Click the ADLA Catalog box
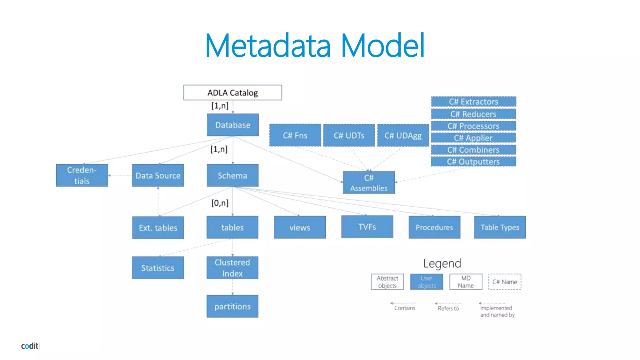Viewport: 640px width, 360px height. click(x=232, y=92)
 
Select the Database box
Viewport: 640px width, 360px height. click(x=233, y=125)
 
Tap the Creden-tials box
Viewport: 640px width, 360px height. click(x=82, y=175)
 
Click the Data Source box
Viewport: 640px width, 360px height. click(x=158, y=175)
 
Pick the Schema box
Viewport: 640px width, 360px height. click(x=232, y=175)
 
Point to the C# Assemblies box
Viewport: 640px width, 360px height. click(x=369, y=182)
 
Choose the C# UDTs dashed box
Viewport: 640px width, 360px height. click(x=349, y=135)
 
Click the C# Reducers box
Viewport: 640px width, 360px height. click(x=473, y=114)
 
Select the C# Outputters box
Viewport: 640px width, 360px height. click(x=473, y=162)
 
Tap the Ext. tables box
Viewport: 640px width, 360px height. click(x=158, y=227)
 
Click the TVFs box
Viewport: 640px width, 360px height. click(x=367, y=227)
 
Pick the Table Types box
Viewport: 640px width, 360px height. click(x=500, y=227)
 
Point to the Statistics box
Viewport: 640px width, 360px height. click(x=158, y=268)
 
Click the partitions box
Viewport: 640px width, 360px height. click(x=232, y=306)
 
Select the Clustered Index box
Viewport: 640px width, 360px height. click(x=232, y=268)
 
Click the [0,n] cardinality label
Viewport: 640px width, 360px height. click(x=220, y=203)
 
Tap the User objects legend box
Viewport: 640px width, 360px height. click(x=426, y=282)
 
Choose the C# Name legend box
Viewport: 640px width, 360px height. click(x=505, y=282)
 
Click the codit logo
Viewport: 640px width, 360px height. click(x=30, y=346)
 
